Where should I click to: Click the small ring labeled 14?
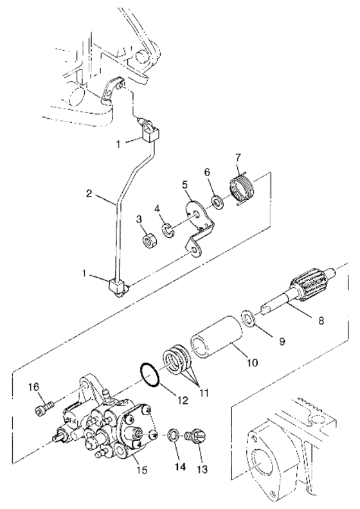174,435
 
